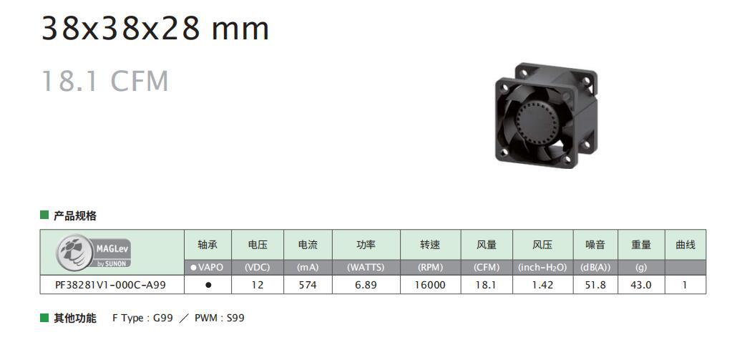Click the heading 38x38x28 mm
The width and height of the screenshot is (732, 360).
[155, 29]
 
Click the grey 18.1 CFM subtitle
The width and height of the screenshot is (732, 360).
[105, 81]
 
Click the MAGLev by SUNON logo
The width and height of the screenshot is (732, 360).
[95, 251]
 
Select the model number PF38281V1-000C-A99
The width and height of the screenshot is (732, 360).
[111, 285]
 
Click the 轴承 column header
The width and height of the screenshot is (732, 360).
[208, 245]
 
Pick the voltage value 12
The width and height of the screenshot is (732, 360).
[258, 285]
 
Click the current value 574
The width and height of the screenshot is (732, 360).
[307, 285]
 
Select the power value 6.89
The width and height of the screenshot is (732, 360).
[366, 285]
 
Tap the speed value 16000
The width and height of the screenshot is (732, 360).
[430, 285]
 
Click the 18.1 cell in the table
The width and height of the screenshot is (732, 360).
[486, 285]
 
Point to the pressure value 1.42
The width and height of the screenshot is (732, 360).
[542, 285]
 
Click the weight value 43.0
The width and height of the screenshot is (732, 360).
[640, 285]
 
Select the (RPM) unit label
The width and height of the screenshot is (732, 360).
[430, 267]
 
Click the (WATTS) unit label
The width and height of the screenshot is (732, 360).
[366, 267]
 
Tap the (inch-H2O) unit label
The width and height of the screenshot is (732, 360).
[542, 267]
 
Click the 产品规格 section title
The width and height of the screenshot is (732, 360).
[75, 215]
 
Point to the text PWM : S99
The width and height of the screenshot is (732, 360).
[219, 318]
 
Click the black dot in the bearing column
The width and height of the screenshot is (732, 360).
[208, 285]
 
